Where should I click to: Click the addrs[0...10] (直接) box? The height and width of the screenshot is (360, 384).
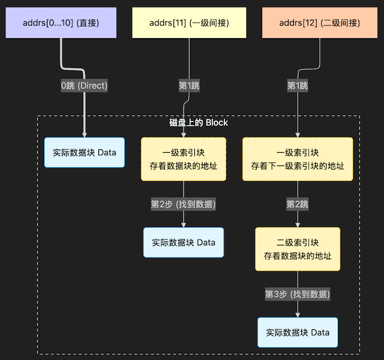(x=61, y=23)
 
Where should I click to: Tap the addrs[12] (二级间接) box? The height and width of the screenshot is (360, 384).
(x=320, y=23)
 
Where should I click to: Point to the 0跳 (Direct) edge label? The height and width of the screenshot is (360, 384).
(x=84, y=86)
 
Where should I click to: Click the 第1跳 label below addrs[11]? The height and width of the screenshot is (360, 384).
(x=189, y=86)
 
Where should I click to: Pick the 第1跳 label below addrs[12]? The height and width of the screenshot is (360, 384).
(x=298, y=86)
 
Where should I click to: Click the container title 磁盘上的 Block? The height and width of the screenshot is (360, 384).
(x=198, y=123)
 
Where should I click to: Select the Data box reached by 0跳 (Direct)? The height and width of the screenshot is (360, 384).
(x=84, y=153)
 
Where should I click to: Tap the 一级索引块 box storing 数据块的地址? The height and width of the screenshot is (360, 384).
(x=183, y=159)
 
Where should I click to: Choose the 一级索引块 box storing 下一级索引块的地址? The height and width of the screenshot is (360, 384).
(x=298, y=159)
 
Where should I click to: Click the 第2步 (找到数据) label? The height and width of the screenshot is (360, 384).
(x=183, y=204)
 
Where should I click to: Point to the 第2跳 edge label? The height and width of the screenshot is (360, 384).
(x=298, y=204)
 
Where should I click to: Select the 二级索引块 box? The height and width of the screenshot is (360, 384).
(x=298, y=249)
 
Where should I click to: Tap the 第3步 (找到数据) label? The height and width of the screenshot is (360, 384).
(x=298, y=294)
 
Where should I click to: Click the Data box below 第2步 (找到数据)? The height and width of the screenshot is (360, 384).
(x=183, y=243)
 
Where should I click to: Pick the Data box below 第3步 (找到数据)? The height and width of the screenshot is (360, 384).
(x=298, y=332)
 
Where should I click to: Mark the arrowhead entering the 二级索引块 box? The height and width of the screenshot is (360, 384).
(x=298, y=225)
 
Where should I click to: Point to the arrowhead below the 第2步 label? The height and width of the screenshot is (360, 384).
(x=183, y=225)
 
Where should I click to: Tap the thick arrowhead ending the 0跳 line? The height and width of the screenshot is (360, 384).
(x=84, y=134)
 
